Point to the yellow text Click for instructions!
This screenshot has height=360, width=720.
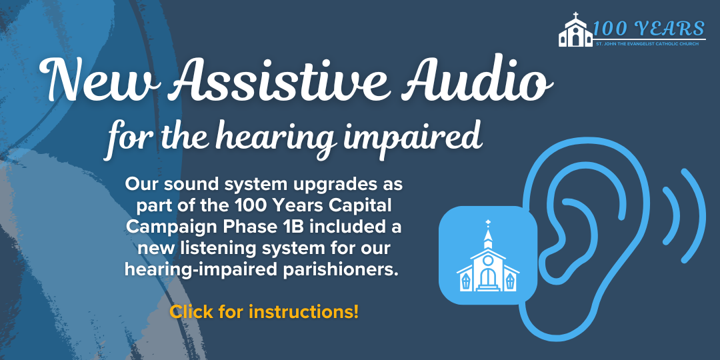pos(264,311)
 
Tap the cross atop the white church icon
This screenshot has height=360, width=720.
pos(488,223)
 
